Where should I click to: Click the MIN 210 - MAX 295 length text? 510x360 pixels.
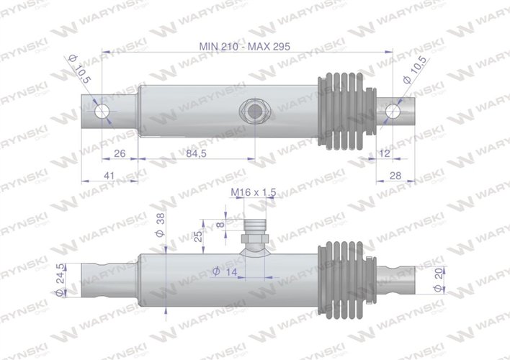coord(246,45)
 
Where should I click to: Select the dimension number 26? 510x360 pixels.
coord(120,153)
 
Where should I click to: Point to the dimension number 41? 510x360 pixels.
coord(109,175)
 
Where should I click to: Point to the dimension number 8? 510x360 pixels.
coord(220,225)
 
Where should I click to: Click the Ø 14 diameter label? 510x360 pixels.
coord(225,271)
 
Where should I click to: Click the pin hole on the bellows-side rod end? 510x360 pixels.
coord(393,112)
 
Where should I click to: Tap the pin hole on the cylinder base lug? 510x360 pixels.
coord(104,112)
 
